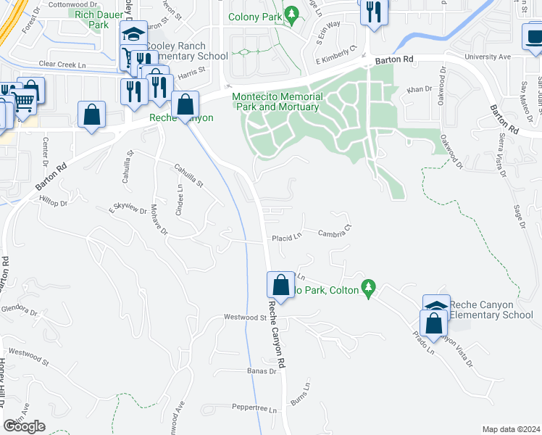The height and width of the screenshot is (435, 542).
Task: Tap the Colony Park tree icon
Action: tap(291, 14)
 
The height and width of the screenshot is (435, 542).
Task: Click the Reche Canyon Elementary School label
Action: tap(491, 310)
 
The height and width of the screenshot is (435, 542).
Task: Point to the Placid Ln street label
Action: tap(286, 238)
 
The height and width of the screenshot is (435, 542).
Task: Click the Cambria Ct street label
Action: tap(335, 232)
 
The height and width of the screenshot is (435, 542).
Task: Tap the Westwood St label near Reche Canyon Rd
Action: tap(245, 317)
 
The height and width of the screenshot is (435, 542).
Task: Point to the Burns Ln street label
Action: tap(299, 394)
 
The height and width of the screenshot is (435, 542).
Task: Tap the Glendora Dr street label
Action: tap(19, 310)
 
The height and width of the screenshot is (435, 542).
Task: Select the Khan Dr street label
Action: tap(419, 90)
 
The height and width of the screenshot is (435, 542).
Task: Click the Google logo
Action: tap(24, 426)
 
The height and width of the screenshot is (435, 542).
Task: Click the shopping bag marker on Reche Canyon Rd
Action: tap(280, 285)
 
